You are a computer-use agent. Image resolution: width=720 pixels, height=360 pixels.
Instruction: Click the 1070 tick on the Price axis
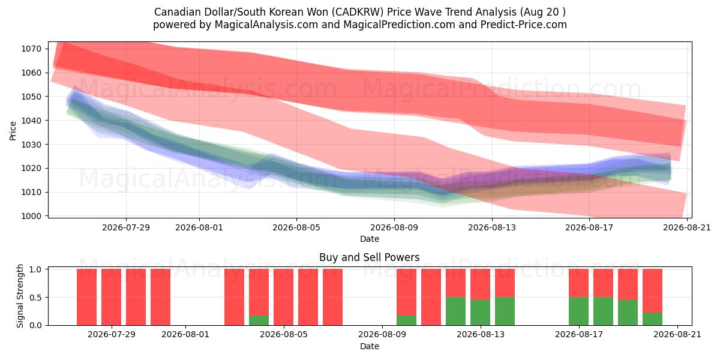31,49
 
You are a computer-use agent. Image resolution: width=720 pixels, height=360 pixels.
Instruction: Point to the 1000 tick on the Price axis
31,217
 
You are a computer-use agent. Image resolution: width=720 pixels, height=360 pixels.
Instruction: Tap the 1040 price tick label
31,121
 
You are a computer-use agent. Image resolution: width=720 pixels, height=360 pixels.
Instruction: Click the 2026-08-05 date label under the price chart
296,227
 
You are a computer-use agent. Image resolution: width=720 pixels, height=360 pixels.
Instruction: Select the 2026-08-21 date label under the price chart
687,227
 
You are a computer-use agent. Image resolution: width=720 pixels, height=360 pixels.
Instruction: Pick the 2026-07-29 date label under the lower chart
112,334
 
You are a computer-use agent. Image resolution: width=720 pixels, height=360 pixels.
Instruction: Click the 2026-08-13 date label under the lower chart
481,334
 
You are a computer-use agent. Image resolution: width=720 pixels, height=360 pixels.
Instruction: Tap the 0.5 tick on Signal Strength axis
35,298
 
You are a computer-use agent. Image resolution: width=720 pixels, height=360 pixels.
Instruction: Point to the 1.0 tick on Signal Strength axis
35,269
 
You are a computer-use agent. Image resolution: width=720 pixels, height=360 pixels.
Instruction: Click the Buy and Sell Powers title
370,257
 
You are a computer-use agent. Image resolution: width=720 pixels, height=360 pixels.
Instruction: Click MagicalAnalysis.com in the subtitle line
266,25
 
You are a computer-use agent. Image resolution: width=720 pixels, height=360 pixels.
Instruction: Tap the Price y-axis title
13,131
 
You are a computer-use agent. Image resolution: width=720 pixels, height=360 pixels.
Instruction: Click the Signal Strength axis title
20,296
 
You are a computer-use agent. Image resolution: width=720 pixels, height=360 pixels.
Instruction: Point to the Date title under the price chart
370,239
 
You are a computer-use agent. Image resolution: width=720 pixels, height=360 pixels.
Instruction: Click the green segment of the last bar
653,319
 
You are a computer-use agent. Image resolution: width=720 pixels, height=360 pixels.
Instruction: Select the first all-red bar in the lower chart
87,297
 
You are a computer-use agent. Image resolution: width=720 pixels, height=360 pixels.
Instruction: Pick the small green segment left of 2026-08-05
259,320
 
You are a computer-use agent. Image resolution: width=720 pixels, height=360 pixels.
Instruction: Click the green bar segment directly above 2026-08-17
578,311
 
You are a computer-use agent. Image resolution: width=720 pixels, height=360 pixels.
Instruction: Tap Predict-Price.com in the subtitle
524,25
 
